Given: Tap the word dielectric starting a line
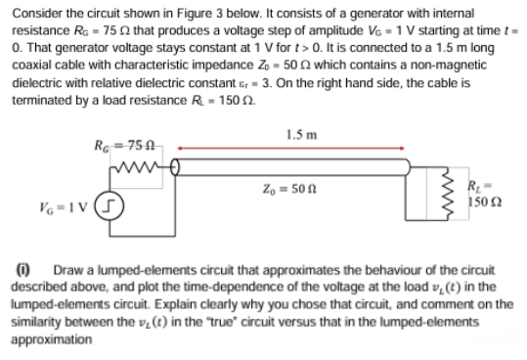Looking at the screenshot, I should pos(36,77).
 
